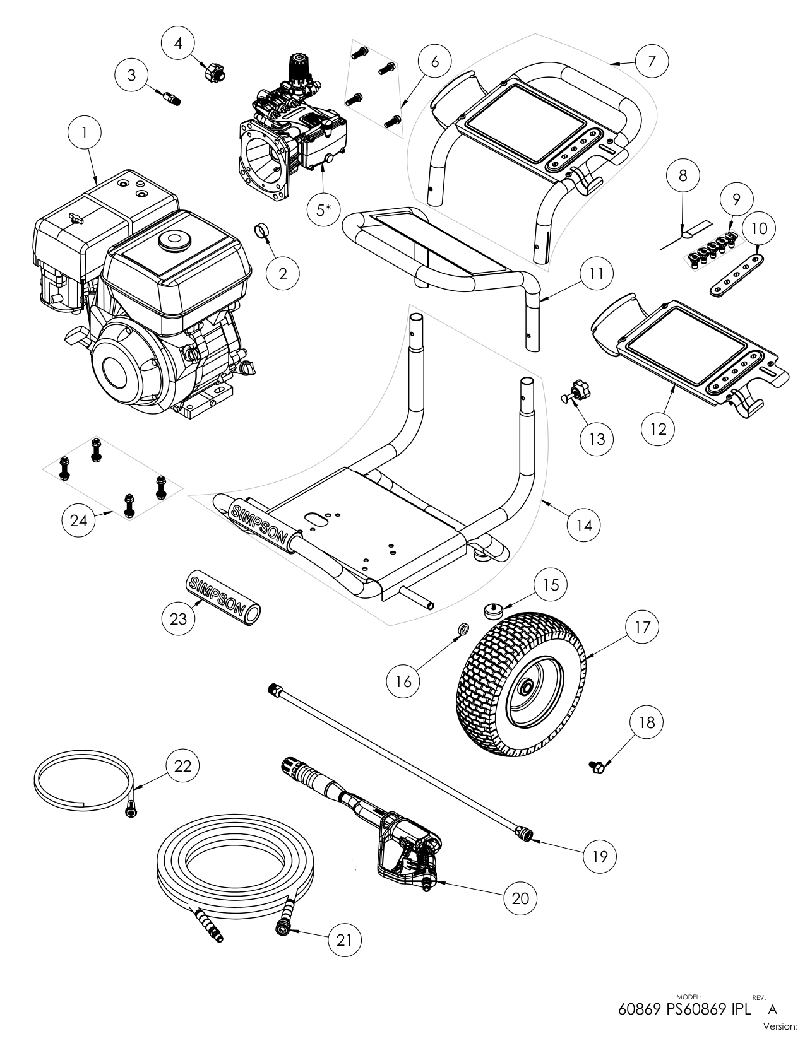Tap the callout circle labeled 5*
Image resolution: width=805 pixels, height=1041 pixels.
tap(323, 209)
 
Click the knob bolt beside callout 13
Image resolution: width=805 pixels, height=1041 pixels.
tap(576, 393)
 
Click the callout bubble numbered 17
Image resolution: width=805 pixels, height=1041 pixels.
tap(643, 627)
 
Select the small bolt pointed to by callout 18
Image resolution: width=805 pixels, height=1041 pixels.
tap(595, 766)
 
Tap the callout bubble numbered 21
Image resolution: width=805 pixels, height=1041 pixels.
tap(345, 941)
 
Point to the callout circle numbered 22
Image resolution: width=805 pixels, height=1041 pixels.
tap(183, 766)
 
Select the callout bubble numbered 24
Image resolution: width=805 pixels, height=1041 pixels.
tap(79, 521)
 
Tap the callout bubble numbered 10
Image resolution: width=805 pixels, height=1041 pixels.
tap(760, 228)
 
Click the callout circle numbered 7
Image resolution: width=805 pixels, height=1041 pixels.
tap(652, 61)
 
